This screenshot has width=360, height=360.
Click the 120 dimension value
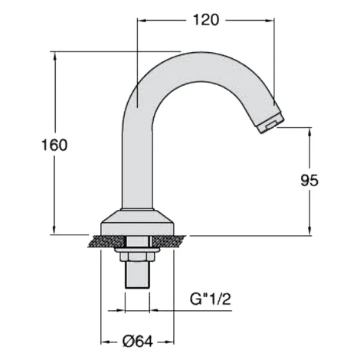(206, 20)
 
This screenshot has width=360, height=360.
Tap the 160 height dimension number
(54, 145)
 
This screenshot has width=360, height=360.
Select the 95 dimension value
(309, 181)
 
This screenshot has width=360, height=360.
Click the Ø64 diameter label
(138, 342)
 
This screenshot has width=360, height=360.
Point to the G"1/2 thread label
(210, 299)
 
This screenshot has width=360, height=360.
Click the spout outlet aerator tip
(271, 123)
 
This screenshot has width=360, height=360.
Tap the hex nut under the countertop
(137, 257)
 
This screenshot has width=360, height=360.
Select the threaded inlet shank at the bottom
(137, 275)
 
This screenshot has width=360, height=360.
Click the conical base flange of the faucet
(137, 222)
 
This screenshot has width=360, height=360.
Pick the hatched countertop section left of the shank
(106, 241)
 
